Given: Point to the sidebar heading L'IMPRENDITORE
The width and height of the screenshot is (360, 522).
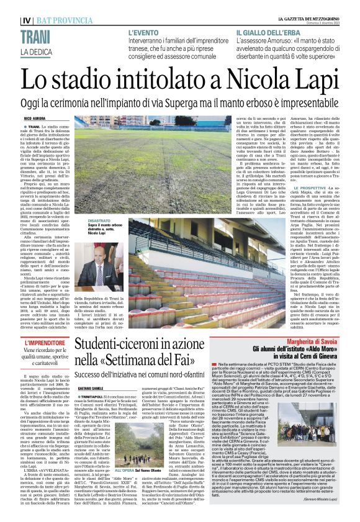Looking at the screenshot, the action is coord(45,343).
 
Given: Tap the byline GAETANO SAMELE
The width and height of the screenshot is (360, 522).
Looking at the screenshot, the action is coord(91,385).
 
